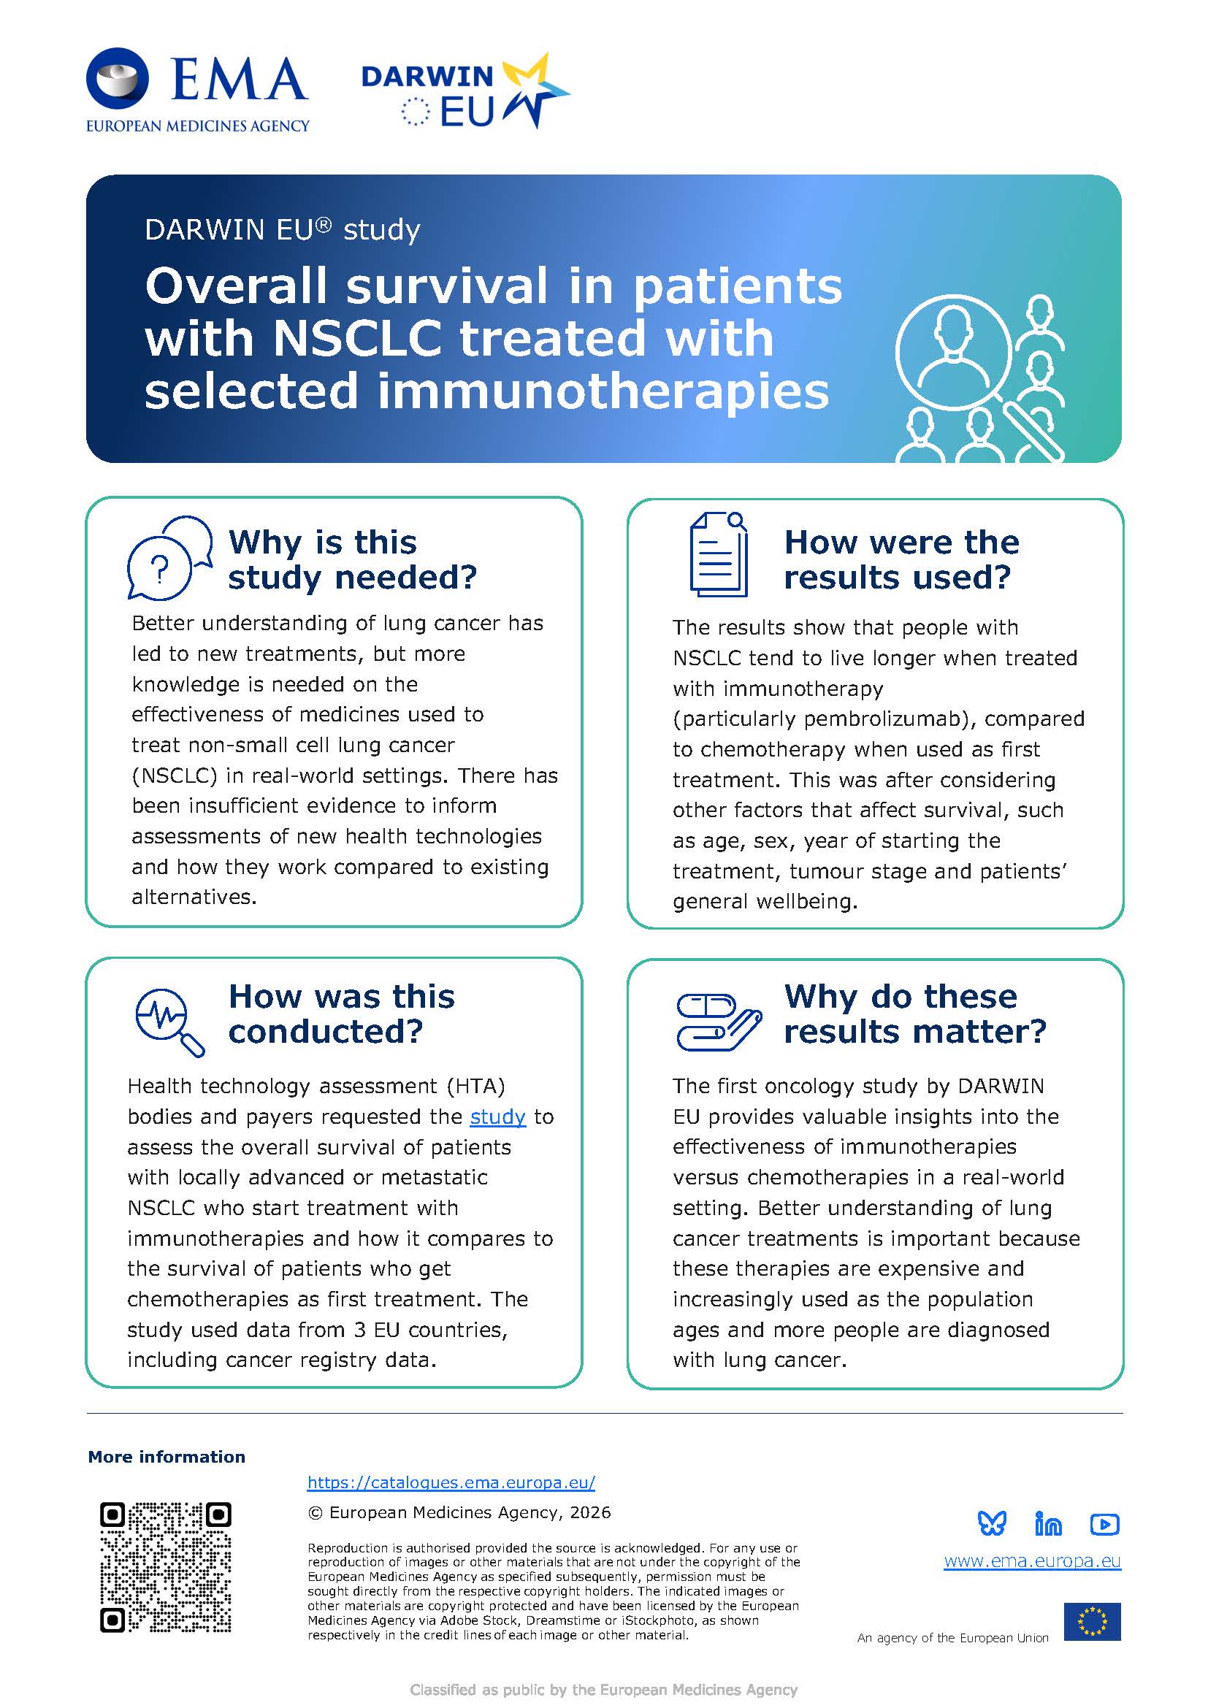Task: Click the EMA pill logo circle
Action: [x=118, y=79]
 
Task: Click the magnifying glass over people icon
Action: [x=979, y=379]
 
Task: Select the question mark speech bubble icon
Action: [x=169, y=557]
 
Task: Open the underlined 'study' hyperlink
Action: [x=497, y=1117]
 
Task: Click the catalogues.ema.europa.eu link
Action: [x=451, y=1482]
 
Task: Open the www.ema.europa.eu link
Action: [x=1032, y=1560]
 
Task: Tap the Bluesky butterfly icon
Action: [x=992, y=1524]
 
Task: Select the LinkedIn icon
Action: [x=1048, y=1524]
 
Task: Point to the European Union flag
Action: [x=1092, y=1622]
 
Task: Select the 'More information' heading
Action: [x=167, y=1457]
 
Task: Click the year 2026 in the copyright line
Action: [x=591, y=1512]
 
